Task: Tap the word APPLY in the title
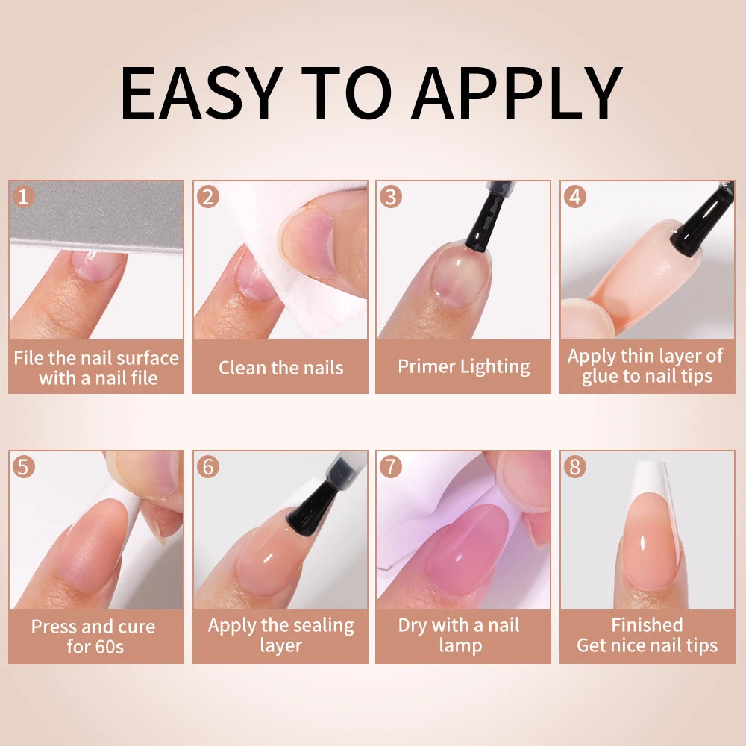(517, 93)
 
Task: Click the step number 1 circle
(23, 196)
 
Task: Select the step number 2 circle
(208, 196)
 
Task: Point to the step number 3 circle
(391, 196)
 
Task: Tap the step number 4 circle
(575, 196)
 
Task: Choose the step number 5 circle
(23, 466)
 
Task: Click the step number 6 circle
(208, 466)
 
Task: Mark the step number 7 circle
(391, 466)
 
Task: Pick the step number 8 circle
(575, 466)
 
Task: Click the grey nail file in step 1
(96, 216)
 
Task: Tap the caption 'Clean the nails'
(280, 368)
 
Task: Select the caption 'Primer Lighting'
(464, 367)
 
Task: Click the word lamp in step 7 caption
(460, 646)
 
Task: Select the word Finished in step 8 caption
(647, 624)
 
